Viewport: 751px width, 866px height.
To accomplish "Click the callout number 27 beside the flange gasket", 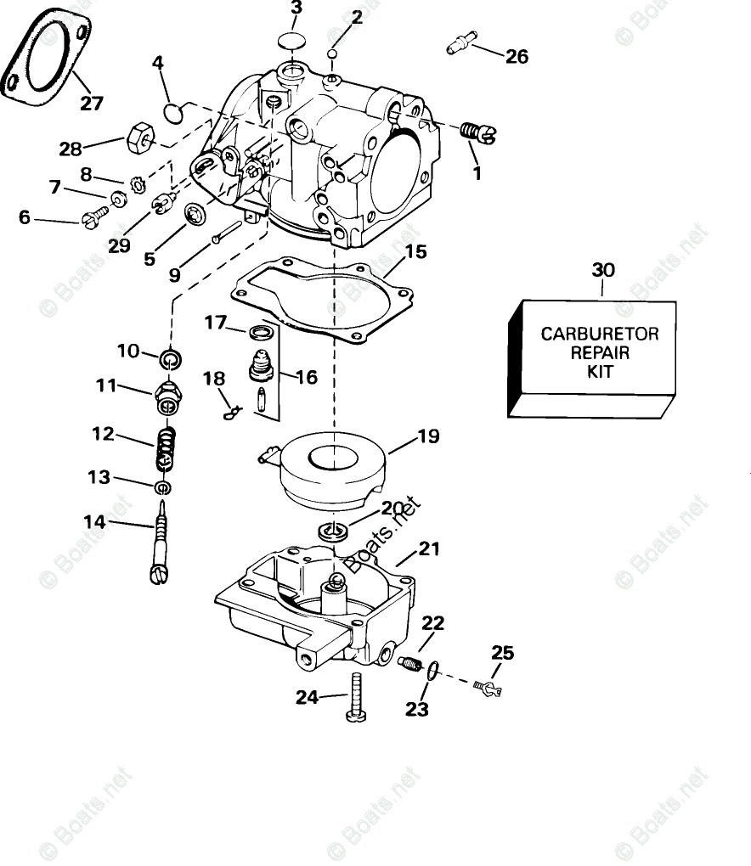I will [91, 104].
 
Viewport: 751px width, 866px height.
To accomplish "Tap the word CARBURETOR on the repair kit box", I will [600, 334].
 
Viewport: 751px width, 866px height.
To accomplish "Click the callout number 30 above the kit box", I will [602, 270].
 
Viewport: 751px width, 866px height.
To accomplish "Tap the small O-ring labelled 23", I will [432, 671].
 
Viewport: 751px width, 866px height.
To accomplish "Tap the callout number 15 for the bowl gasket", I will [415, 252].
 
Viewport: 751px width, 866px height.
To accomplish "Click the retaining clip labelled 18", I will [232, 412].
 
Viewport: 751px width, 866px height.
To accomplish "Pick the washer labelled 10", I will [172, 359].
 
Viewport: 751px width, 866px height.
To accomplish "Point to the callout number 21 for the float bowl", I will [429, 549].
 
